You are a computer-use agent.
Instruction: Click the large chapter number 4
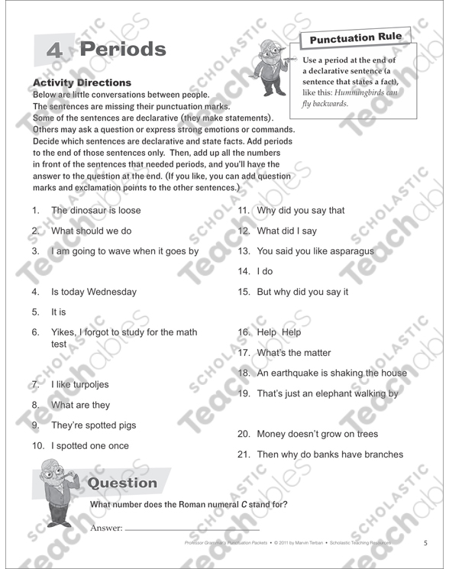53,50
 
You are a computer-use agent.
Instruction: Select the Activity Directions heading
82,82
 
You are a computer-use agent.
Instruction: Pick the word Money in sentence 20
272,434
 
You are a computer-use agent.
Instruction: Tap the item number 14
244,271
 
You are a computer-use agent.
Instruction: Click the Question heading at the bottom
123,483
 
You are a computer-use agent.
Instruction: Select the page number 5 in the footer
425,543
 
